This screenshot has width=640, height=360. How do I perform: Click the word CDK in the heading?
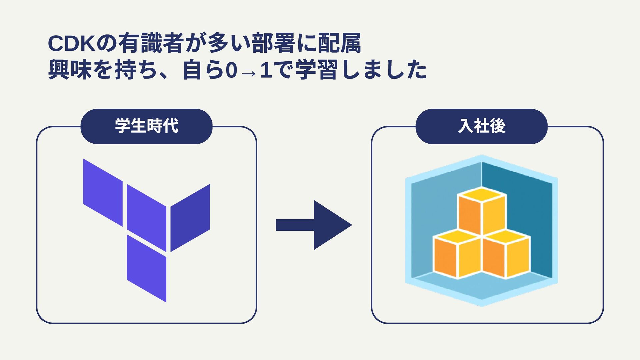72,43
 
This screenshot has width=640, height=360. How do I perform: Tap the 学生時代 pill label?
147,126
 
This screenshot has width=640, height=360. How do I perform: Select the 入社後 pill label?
482,126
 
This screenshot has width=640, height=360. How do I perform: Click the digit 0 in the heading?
231,71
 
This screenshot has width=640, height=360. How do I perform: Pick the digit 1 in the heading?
266,71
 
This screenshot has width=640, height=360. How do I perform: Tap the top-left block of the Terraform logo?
103,192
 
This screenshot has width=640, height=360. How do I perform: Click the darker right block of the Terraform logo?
190,218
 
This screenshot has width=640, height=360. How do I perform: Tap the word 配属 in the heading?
340,43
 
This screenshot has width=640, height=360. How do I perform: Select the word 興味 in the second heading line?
70,70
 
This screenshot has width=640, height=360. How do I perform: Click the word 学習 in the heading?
316,70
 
